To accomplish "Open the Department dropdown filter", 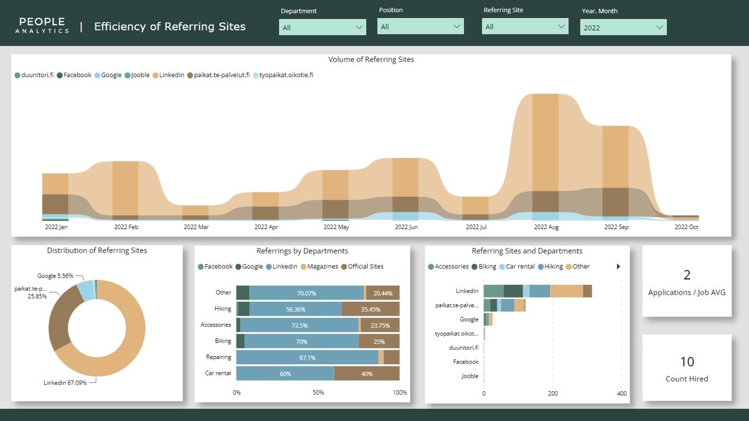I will click(x=322, y=27).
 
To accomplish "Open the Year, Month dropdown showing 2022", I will click(x=623, y=27).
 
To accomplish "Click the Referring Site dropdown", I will click(x=525, y=26).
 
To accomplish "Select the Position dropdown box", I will click(x=420, y=26).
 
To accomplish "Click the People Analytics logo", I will click(x=42, y=26).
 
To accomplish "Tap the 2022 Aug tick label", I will click(x=545, y=227).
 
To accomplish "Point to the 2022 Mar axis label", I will click(x=195, y=227).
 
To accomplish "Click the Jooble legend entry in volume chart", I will click(x=140, y=75).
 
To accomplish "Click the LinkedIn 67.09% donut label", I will click(x=65, y=383).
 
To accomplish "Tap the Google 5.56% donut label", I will click(x=55, y=276).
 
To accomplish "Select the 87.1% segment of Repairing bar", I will click(x=307, y=357).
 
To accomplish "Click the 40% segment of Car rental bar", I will click(x=367, y=374).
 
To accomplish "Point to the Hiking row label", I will click(x=222, y=309).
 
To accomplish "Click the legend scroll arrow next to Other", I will click(x=619, y=267).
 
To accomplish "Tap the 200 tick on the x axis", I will click(x=553, y=394).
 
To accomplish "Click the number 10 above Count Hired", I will click(x=686, y=362).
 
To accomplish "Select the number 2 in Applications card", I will click(x=687, y=275).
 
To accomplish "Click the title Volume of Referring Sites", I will click(x=371, y=60).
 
